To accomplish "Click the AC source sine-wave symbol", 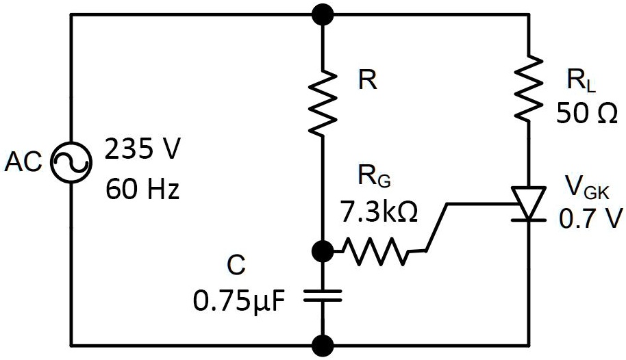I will pos(71,163).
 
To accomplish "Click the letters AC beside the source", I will pos(25,163).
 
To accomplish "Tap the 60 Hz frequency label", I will pos(142,188).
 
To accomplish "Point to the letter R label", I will pos(368,81).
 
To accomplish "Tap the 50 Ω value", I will pos(587,112).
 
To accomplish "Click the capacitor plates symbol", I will pos(323,295).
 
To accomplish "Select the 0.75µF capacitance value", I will pos(236,300).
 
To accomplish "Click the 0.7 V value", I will pos(590,218).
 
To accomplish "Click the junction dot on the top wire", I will pos(323,13).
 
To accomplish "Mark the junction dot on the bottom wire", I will pos(323,344).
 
